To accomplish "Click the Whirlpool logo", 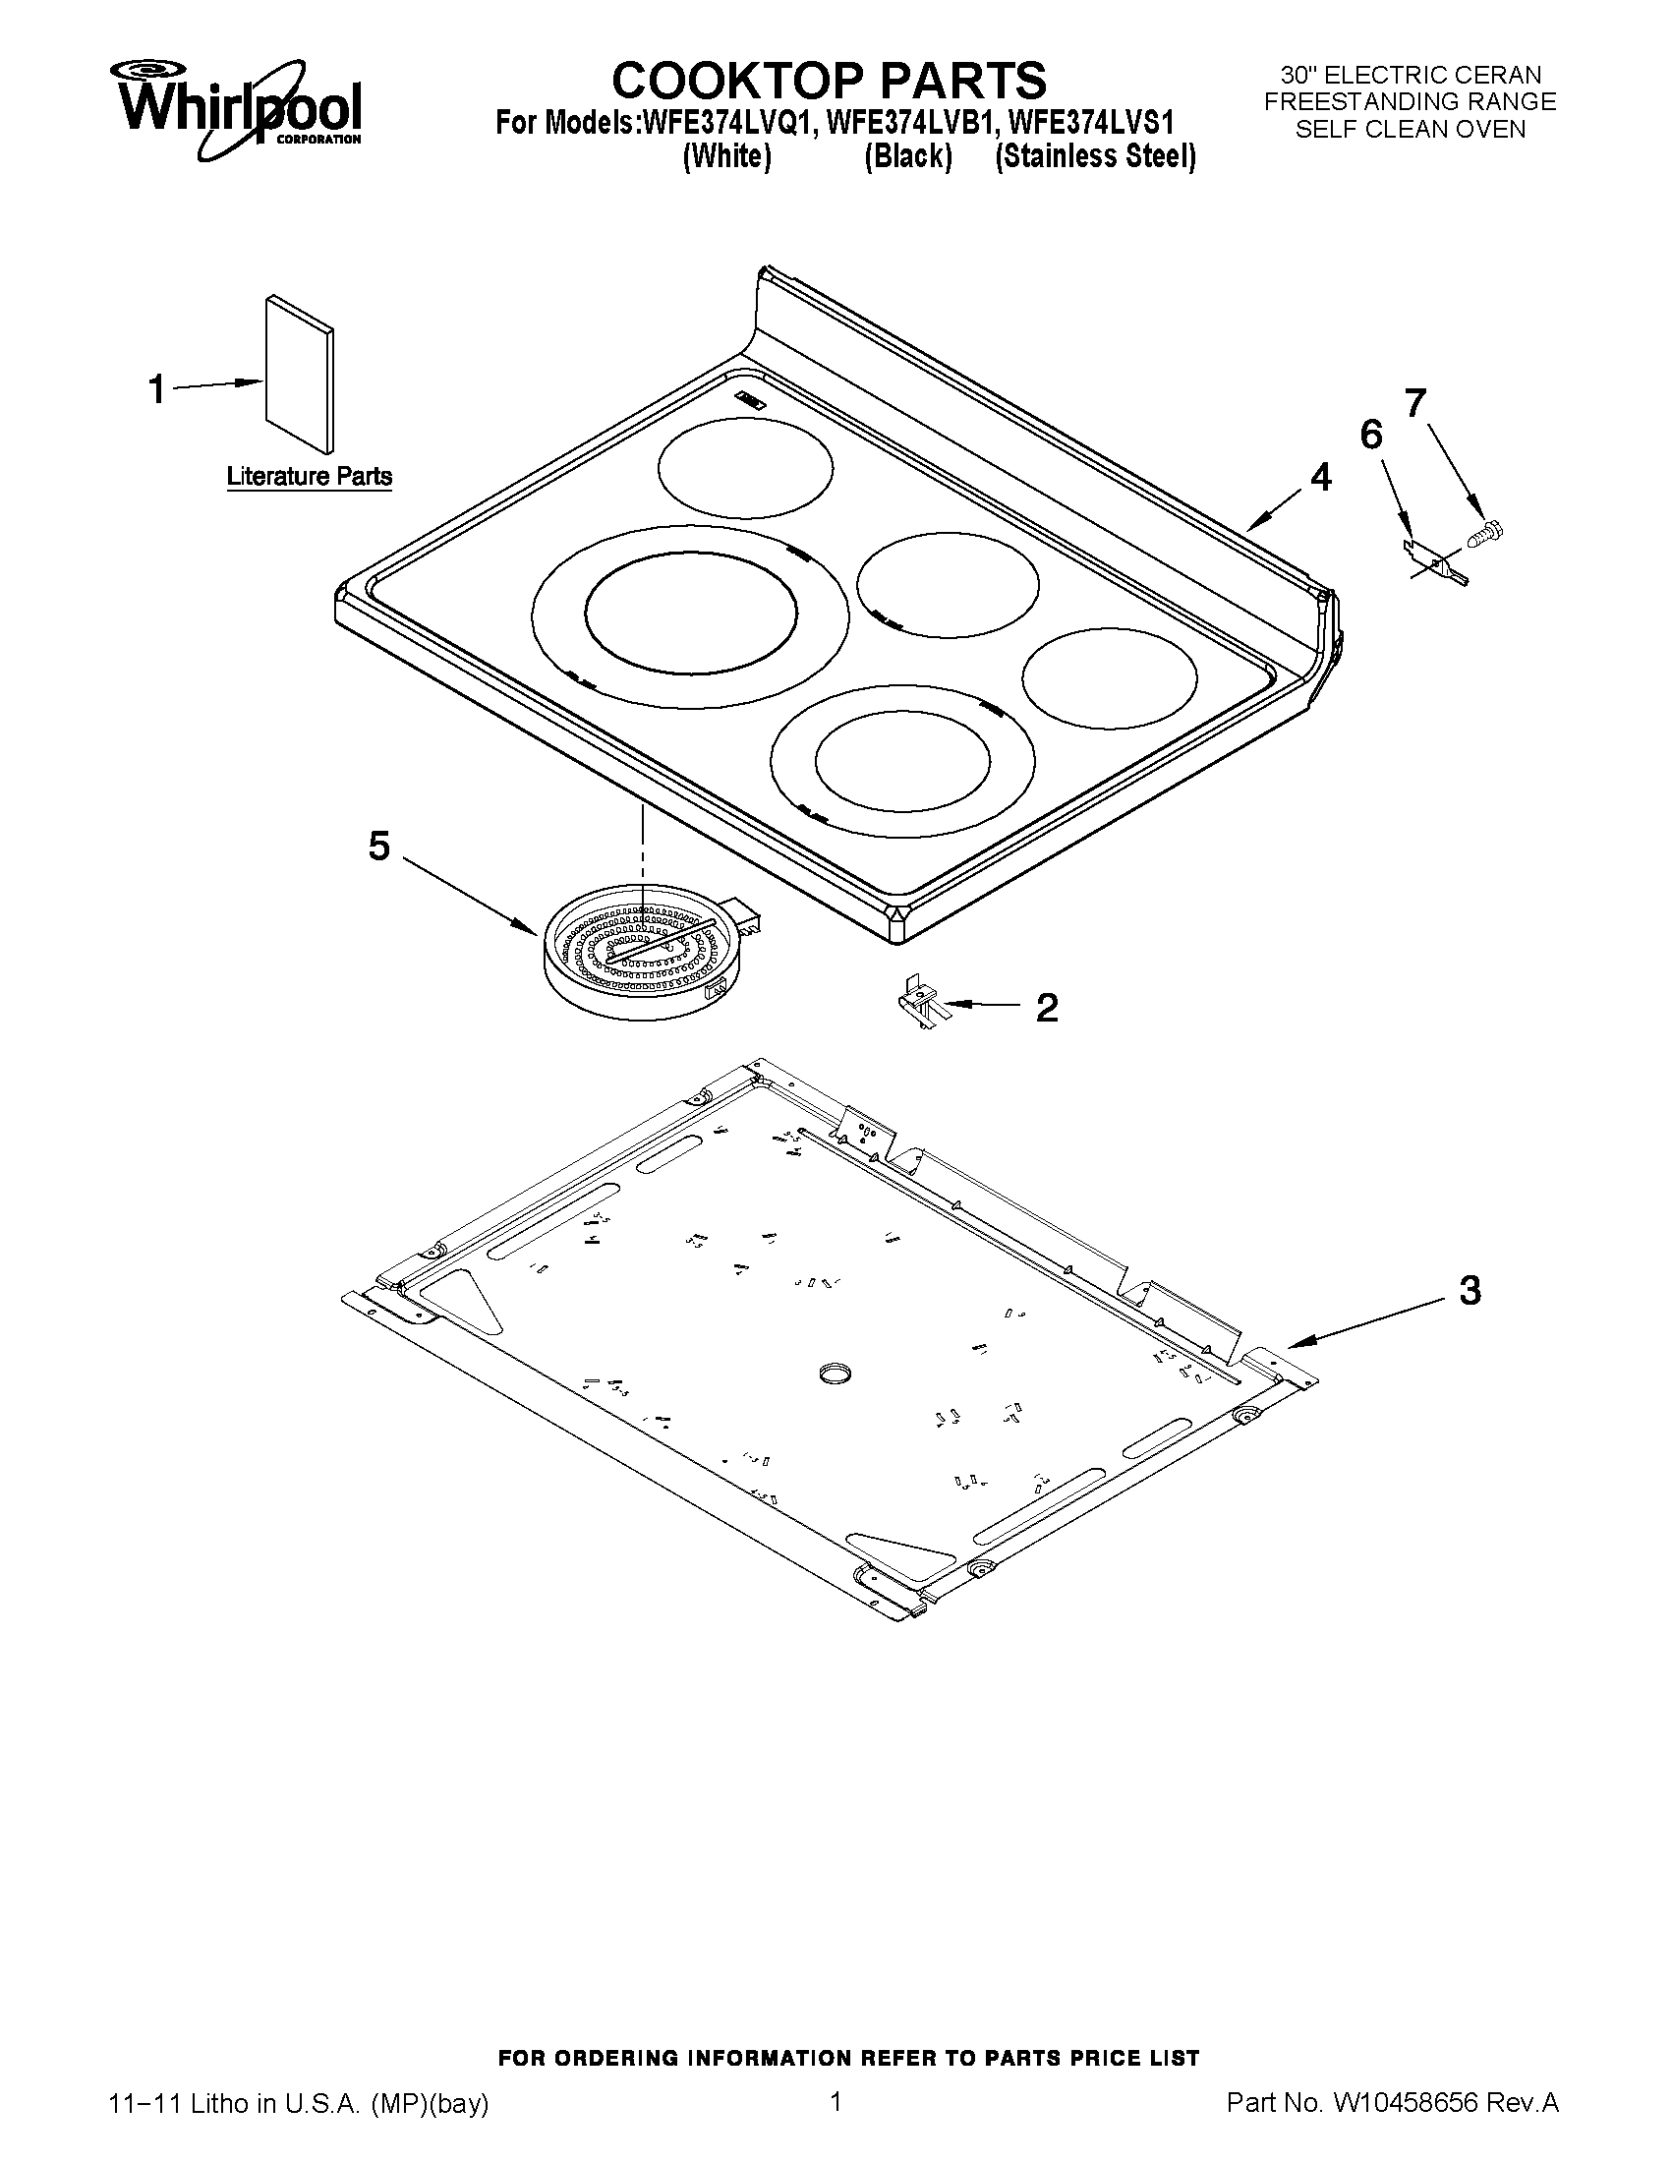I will (238, 108).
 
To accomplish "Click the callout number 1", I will (156, 389).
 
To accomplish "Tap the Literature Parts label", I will (309, 477).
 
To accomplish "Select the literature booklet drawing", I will (299, 374).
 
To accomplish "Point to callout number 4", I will (1320, 479).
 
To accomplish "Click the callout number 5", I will (379, 847).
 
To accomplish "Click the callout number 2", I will (1047, 1008).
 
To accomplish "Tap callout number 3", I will (1470, 1290).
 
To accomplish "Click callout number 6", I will (1371, 433).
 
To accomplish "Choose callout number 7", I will (1415, 402).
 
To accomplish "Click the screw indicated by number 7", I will (1483, 532).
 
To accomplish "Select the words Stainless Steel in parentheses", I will (1096, 156).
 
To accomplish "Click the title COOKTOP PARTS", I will (828, 80).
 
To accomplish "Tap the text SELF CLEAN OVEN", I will (1411, 130).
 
